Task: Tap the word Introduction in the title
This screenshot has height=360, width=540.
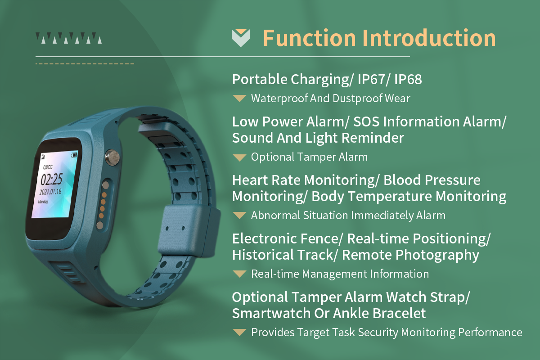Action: tap(430, 38)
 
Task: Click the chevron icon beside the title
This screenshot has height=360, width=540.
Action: tap(240, 38)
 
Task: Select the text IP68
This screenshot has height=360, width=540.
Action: tap(408, 80)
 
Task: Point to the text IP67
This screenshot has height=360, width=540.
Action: tap(372, 80)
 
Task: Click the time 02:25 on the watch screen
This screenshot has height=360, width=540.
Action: tap(51, 180)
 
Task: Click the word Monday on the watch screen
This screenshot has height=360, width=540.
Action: tap(44, 202)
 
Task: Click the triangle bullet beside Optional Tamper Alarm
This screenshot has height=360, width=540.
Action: tap(240, 157)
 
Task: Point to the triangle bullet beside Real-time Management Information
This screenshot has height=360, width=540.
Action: tap(240, 274)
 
